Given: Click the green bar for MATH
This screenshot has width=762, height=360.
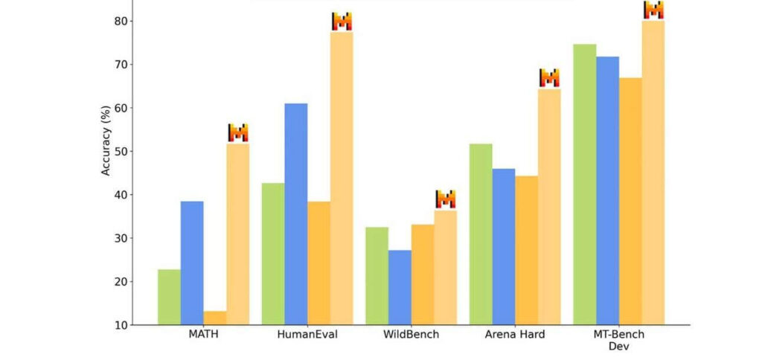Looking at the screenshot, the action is pos(169,298).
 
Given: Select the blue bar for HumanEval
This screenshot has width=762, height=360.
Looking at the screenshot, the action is pos(296,214).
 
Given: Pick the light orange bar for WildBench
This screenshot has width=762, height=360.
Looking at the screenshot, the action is pos(446,268).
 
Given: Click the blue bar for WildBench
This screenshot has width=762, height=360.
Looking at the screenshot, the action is pos(400,288).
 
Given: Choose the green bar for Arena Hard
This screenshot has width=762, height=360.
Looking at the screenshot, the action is pos(481,234).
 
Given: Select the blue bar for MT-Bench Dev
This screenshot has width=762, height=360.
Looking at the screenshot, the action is pos(607,191).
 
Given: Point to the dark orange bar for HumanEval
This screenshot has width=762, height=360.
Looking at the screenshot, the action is pos(318,263).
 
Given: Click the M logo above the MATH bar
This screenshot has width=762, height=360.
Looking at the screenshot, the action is pos(238,132).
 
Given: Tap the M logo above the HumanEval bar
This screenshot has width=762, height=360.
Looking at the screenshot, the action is pos(342,22).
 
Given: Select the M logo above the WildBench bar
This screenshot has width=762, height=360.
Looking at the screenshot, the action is pos(446,199).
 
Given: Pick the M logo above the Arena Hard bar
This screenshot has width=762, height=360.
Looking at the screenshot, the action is pos(550,78).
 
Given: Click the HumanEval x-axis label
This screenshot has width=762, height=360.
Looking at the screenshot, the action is pos(307,335).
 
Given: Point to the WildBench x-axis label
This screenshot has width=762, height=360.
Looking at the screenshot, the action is pos(411,335).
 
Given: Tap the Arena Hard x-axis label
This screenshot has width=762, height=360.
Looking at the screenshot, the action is pos(515,335).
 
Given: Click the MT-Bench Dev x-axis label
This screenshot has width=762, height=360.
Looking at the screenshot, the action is pos(618,340).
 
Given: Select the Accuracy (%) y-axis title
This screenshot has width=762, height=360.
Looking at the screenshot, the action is pos(106,141).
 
